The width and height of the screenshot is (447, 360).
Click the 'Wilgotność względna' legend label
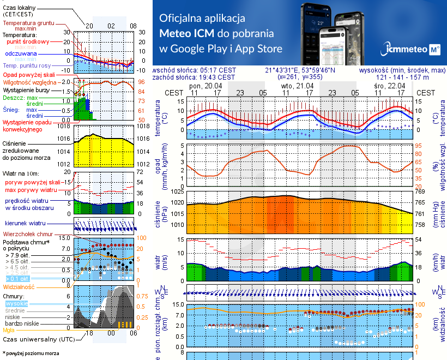(x=29, y=81)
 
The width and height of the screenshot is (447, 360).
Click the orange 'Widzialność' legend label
(x=19, y=286)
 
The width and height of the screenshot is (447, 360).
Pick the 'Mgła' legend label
(x=8, y=330)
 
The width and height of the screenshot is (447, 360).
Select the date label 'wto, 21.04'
(x=298, y=86)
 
